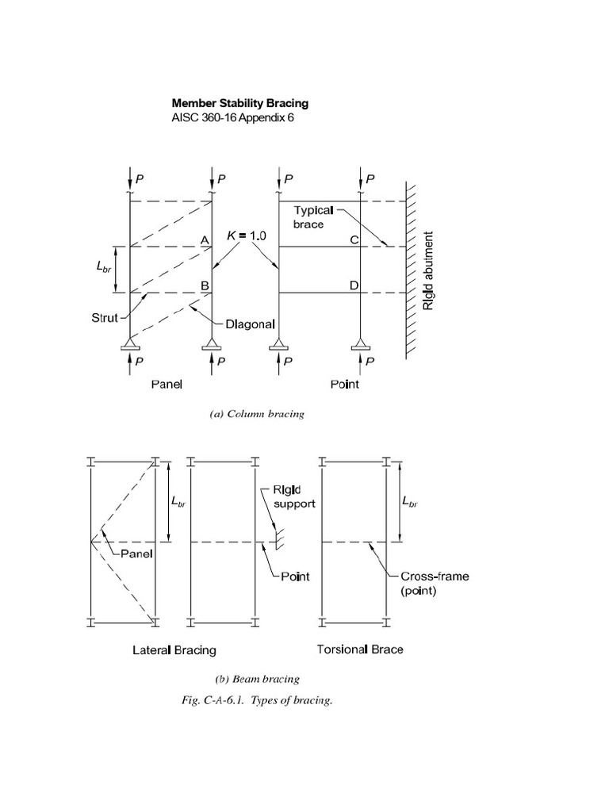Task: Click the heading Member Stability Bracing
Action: (240, 103)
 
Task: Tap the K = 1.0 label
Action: (246, 236)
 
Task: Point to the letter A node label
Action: (204, 240)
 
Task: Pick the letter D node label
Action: (354, 285)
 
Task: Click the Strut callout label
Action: (103, 319)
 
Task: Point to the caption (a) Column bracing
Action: (257, 415)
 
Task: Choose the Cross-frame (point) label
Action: (434, 583)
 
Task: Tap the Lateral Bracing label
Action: (174, 650)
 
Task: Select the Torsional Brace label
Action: (360, 649)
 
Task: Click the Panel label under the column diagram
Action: (167, 385)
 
